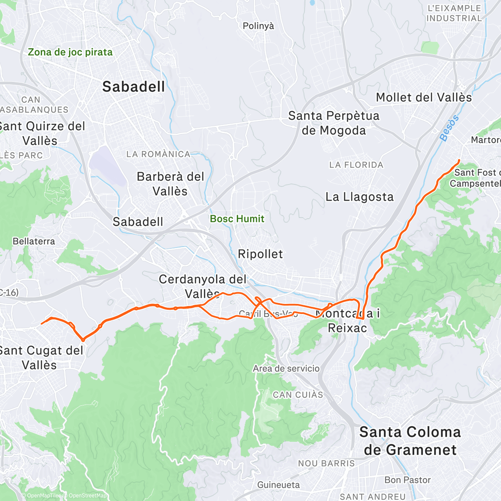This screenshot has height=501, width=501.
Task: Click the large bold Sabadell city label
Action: tap(134, 87)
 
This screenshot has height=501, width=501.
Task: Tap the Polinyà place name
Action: tap(258, 26)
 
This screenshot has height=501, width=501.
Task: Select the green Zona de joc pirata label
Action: tap(70, 53)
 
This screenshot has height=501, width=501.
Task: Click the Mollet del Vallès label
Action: tap(424, 98)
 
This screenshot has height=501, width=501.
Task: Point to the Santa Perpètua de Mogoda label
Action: tap(334, 123)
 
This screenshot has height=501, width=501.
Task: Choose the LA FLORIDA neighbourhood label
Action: tap(356, 165)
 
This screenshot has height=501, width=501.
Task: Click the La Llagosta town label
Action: tap(359, 197)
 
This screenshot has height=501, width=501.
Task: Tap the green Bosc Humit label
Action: tap(237, 219)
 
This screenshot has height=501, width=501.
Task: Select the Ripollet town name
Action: tap(260, 254)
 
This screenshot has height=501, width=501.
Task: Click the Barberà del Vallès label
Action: tap(170, 184)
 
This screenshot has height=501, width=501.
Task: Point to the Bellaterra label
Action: tap(34, 241)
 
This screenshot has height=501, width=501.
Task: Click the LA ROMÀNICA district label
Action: tap(158, 154)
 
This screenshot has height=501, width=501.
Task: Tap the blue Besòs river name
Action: tap(449, 128)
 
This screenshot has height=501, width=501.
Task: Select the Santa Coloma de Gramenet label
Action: tap(410, 441)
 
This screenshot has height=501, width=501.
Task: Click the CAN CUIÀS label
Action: tap(298, 395)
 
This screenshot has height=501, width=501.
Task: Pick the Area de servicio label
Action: tap(286, 369)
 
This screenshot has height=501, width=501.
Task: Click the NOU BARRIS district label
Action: tap(326, 463)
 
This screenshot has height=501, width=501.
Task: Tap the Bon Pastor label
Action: tap(407, 480)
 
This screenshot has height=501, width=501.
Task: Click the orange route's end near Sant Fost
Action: tap(459, 160)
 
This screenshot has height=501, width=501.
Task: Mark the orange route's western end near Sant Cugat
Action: tap(41, 324)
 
